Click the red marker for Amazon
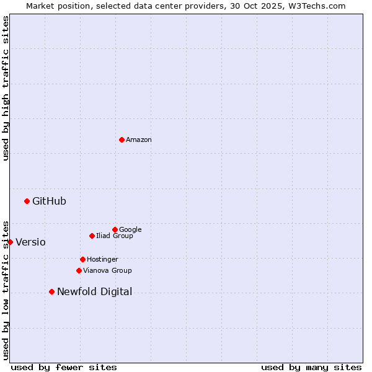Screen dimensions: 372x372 pos(122,139)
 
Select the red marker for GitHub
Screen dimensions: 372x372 pos(27,201)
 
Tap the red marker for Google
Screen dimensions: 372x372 pos(115,229)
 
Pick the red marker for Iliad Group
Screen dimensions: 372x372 pos(92,236)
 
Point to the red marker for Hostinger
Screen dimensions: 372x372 pos(82,259)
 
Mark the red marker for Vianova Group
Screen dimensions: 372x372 pos(79,270)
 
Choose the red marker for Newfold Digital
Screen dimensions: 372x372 pos(51,291)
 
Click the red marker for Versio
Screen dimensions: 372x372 pos(10,242)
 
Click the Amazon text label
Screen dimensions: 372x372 pos(138,140)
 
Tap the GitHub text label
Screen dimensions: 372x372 pos(49,201)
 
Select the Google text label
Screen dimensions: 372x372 pos(130,230)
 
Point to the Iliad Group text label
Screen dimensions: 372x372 pos(114,236)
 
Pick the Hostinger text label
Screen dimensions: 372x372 pos(102,260)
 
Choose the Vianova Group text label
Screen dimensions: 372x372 pos(107,271)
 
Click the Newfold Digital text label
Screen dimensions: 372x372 pos(94,292)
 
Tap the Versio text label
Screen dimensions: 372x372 pos(30,242)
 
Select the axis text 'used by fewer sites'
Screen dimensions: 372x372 pos(64,367)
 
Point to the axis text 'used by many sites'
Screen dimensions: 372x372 pos(311,367)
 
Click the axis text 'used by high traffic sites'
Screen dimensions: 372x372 pos(6,88)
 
